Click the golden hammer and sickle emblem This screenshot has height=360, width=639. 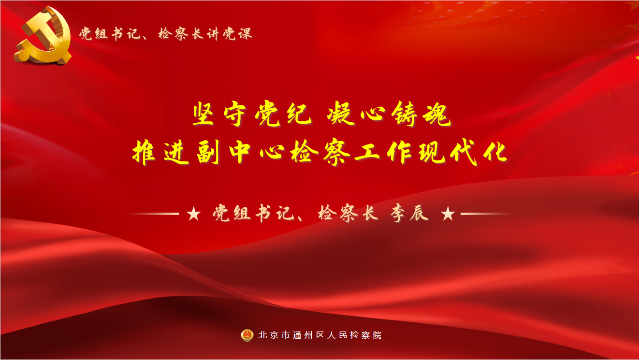[43, 36]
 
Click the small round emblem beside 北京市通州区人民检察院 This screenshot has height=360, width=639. [247, 335]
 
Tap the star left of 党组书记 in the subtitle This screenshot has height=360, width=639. [194, 214]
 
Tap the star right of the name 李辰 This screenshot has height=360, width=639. [448, 214]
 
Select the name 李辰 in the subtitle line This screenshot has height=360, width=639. [409, 213]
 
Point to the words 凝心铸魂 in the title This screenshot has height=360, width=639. [389, 114]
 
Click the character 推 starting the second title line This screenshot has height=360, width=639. [144, 152]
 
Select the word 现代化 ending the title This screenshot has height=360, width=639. [463, 152]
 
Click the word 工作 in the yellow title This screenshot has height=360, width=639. [382, 152]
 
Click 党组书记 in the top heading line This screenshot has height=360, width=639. [110, 34]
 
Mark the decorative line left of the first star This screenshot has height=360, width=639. [152, 214]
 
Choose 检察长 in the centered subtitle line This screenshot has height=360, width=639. [348, 213]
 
